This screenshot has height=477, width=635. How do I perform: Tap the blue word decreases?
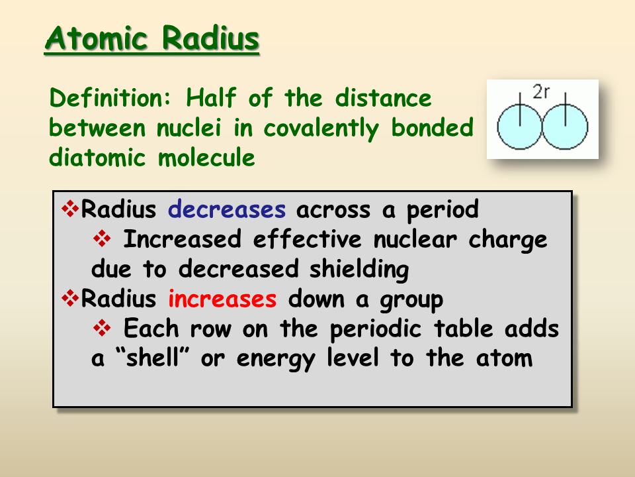tap(227, 210)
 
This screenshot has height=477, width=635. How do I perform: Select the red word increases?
tap(222, 299)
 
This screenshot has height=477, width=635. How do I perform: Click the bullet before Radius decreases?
tap(69, 209)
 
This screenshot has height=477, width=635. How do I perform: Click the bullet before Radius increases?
tap(69, 299)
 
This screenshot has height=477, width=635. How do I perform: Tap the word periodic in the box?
tap(368, 329)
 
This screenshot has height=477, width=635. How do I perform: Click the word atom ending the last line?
tap(504, 358)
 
